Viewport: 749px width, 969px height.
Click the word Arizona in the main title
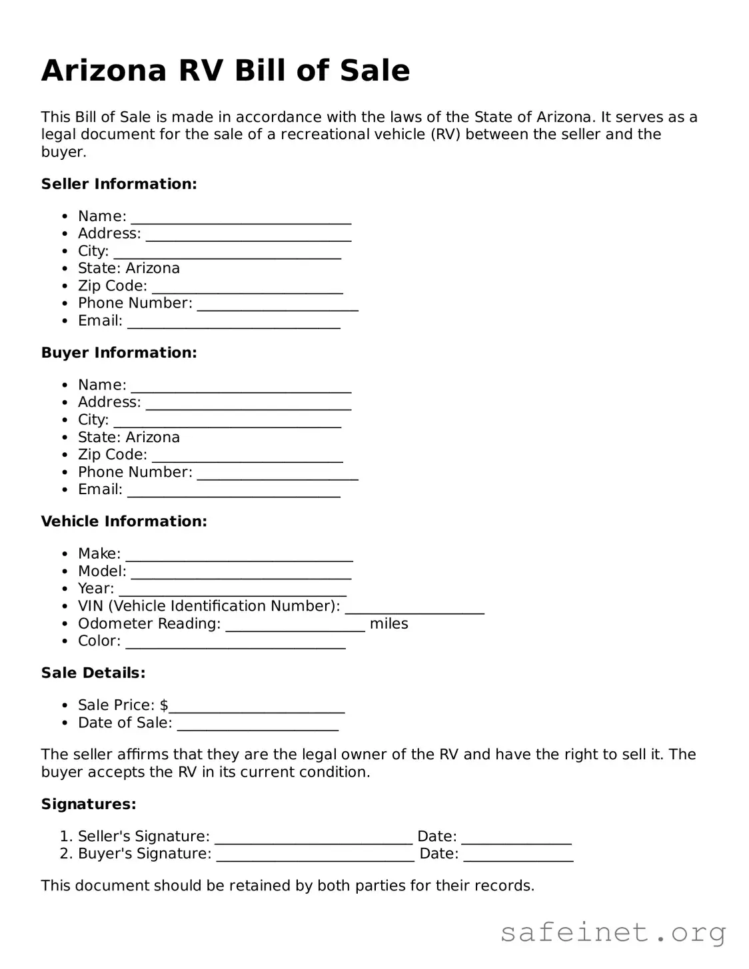pyautogui.click(x=103, y=71)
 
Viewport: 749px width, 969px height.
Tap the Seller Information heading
pyautogui.click(x=119, y=184)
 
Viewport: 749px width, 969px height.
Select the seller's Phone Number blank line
pyautogui.click(x=277, y=308)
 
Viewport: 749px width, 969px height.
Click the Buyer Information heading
pyautogui.click(x=119, y=353)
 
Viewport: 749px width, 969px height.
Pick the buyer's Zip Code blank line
pyautogui.click(x=247, y=460)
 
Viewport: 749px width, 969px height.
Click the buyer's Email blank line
pyautogui.click(x=233, y=495)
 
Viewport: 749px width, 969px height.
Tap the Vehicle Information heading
pyautogui.click(x=124, y=521)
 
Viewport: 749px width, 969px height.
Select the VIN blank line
pyautogui.click(x=414, y=611)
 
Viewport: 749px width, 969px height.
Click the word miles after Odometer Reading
pyautogui.click(x=388, y=624)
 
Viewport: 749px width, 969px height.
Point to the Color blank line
pyautogui.click(x=235, y=646)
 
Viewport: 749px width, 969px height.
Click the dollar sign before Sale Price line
pyautogui.click(x=164, y=705)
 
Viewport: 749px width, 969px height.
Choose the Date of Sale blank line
pyautogui.click(x=257, y=728)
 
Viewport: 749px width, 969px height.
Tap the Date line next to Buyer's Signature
pyautogui.click(x=518, y=859)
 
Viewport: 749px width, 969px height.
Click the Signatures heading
pyautogui.click(x=89, y=805)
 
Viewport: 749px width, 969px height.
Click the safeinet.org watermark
pyautogui.click(x=612, y=932)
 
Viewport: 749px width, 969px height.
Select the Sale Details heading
pyautogui.click(x=93, y=673)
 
